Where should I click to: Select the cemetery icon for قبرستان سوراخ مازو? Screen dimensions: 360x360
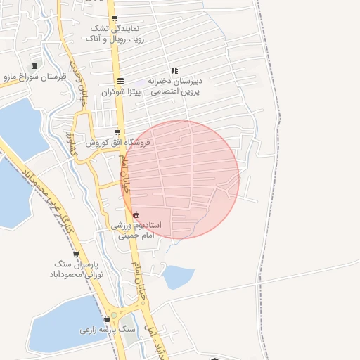pos(35,66)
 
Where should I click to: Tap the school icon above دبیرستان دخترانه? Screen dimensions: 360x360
pos(174,70)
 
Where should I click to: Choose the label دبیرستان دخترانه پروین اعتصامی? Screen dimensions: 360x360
pos(174,86)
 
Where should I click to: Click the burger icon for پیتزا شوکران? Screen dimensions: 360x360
pos(120,81)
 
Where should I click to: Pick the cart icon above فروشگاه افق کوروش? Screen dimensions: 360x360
pos(117,131)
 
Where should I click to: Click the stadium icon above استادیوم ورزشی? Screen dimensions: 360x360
pos(136,214)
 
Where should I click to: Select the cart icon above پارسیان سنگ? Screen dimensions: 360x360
pos(76,254)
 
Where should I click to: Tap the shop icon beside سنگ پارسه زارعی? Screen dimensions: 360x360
pos(105,318)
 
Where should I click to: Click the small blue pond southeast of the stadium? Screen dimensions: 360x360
pos(178,276)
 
